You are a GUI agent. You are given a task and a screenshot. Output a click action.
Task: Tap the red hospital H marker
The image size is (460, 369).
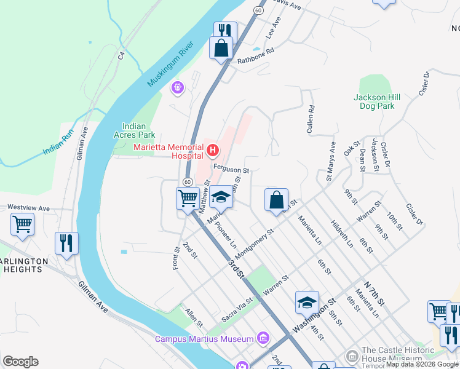[x=213, y=149]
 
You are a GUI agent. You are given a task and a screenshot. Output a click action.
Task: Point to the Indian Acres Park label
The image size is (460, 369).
[x=134, y=130]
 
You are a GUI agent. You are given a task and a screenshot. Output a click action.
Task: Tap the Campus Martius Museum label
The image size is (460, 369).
[x=204, y=339]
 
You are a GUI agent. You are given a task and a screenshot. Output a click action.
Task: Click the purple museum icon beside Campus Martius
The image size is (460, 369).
[x=263, y=338]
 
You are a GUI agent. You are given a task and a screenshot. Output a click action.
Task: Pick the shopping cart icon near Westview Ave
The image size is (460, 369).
[x=22, y=224]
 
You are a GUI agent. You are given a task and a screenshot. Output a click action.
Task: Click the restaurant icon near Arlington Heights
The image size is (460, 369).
[x=66, y=242]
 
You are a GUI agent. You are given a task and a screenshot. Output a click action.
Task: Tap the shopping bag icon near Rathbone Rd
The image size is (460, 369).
[x=221, y=47]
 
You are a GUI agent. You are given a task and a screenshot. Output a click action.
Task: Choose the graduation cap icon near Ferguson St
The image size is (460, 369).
[x=221, y=197]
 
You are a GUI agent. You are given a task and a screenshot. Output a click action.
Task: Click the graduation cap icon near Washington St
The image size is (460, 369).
[x=307, y=301]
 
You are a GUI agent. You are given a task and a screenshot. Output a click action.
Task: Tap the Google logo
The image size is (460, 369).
[x=20, y=362]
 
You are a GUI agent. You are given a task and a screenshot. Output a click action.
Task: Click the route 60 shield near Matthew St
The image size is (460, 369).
[x=188, y=181]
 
